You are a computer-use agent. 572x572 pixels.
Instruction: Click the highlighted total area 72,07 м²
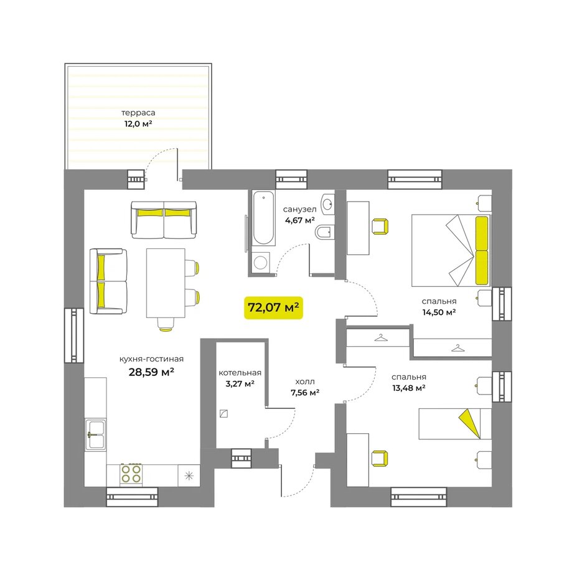coord(273,307)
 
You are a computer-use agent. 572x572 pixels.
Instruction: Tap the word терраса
coord(138,113)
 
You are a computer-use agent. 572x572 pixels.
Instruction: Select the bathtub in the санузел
coord(263,218)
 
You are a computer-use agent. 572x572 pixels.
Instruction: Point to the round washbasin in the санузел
coord(328,203)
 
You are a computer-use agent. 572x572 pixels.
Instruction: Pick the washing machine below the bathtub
coord(260,262)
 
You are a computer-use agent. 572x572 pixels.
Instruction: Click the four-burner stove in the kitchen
coord(131,474)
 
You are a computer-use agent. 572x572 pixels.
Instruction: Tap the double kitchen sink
coord(96,434)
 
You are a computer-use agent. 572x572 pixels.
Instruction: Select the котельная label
coord(240,373)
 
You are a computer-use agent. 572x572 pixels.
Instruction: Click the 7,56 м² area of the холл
coord(305,393)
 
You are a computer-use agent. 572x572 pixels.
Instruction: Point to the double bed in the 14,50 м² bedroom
coord(451,250)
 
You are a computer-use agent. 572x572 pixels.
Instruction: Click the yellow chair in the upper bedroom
coord(380,226)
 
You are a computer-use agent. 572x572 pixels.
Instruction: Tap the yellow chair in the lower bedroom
coord(380,459)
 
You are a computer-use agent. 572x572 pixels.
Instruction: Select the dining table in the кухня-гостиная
coord(166,283)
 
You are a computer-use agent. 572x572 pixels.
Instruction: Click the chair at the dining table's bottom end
coord(166,324)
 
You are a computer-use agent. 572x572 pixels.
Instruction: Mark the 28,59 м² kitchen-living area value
coord(151,372)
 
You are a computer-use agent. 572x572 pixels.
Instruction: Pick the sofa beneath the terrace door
coord(164,220)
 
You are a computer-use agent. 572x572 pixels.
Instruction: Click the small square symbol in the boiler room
coord(224,413)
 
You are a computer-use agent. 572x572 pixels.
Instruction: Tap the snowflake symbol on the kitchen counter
coord(189,476)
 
